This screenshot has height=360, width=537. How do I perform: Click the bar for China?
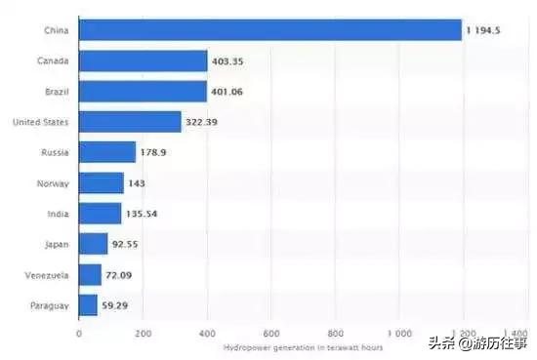(269, 31)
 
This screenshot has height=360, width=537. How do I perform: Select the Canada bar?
(143, 61)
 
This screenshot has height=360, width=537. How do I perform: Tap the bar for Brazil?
(143, 92)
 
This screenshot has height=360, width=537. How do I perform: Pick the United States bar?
(130, 122)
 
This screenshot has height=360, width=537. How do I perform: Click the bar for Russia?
(107, 152)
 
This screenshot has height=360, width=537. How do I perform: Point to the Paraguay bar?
(88, 304)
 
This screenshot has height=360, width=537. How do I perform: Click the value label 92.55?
(130, 244)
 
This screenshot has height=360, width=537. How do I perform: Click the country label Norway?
(53, 182)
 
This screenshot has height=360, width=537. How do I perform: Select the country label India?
(57, 214)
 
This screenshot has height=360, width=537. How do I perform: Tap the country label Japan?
(55, 244)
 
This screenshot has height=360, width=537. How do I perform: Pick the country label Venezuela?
(46, 274)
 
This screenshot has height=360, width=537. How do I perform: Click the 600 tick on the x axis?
(270, 332)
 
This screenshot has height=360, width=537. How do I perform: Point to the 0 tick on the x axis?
(79, 332)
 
